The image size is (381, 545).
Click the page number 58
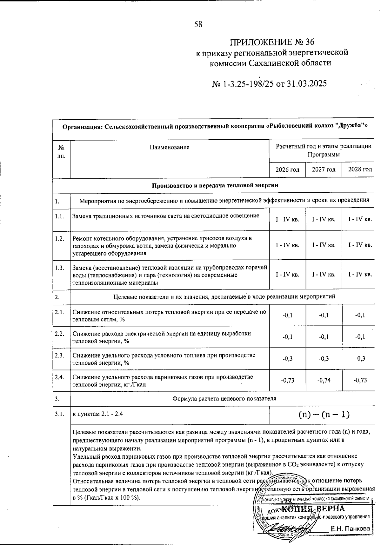point(198,24)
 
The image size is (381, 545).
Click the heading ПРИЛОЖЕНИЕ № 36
point(272,42)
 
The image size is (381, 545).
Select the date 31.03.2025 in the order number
point(306,83)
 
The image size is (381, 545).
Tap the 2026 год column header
point(287,169)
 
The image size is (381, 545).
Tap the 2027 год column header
point(324,169)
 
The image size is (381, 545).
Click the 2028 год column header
point(360,169)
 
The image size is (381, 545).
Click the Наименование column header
point(169,147)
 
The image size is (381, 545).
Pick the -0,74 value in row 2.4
point(324,380)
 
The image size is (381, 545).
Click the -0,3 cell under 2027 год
point(324,358)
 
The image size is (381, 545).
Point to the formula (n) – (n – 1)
point(324,414)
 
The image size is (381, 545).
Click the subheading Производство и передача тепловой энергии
point(215,185)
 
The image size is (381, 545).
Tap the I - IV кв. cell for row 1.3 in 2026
point(287,274)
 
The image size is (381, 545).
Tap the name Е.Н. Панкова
point(350,529)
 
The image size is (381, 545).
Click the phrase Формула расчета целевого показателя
point(224,398)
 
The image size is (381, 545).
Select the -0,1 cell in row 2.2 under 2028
point(360,337)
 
